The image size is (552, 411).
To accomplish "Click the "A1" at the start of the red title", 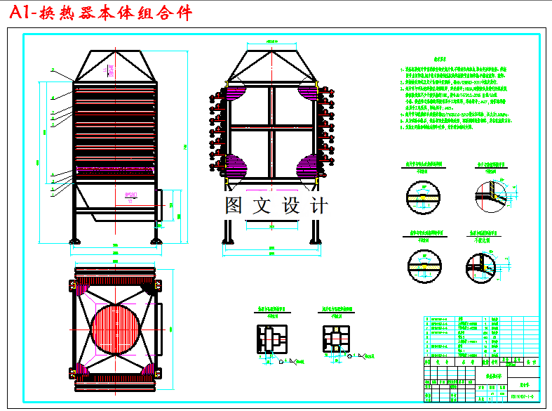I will pos(20,13).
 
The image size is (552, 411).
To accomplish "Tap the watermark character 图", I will pos(235,206).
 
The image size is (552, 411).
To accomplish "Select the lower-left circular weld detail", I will pos(422,263).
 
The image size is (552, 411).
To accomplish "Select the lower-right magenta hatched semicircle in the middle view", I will pos(310,169).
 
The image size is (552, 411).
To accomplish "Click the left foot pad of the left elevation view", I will pos(74,242).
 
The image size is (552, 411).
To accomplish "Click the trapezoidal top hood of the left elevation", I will pos(114,67).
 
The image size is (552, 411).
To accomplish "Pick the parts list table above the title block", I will pos(463,337).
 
